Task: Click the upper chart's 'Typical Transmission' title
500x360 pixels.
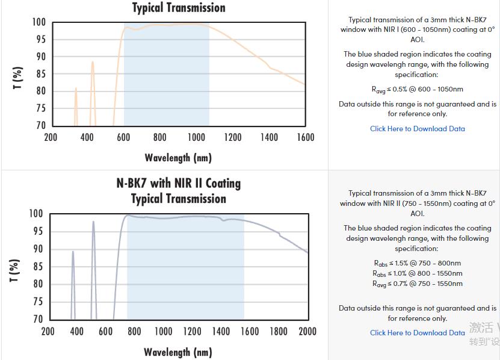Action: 179,8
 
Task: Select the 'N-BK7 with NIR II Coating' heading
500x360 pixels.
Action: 179,183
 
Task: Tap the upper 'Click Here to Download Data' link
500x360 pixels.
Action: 417,128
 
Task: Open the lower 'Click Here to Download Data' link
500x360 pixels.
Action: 417,332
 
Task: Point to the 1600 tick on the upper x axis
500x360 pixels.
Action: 306,137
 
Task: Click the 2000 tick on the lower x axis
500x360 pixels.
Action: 307,331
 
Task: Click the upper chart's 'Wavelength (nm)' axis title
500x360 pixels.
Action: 178,158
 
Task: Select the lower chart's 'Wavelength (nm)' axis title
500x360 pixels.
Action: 178,352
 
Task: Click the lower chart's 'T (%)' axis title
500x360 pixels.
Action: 16,270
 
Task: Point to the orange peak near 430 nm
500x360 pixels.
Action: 92,62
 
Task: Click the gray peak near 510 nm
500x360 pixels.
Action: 93,222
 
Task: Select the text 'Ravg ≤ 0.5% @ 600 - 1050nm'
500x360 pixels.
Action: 418,89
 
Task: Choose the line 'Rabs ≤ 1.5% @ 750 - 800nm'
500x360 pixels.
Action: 418,263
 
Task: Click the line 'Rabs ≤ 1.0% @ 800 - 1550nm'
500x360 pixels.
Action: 418,273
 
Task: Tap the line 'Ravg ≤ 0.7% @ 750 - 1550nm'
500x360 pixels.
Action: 418,284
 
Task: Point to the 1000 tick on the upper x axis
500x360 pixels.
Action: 196,137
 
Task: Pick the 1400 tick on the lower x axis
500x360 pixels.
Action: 221,331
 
